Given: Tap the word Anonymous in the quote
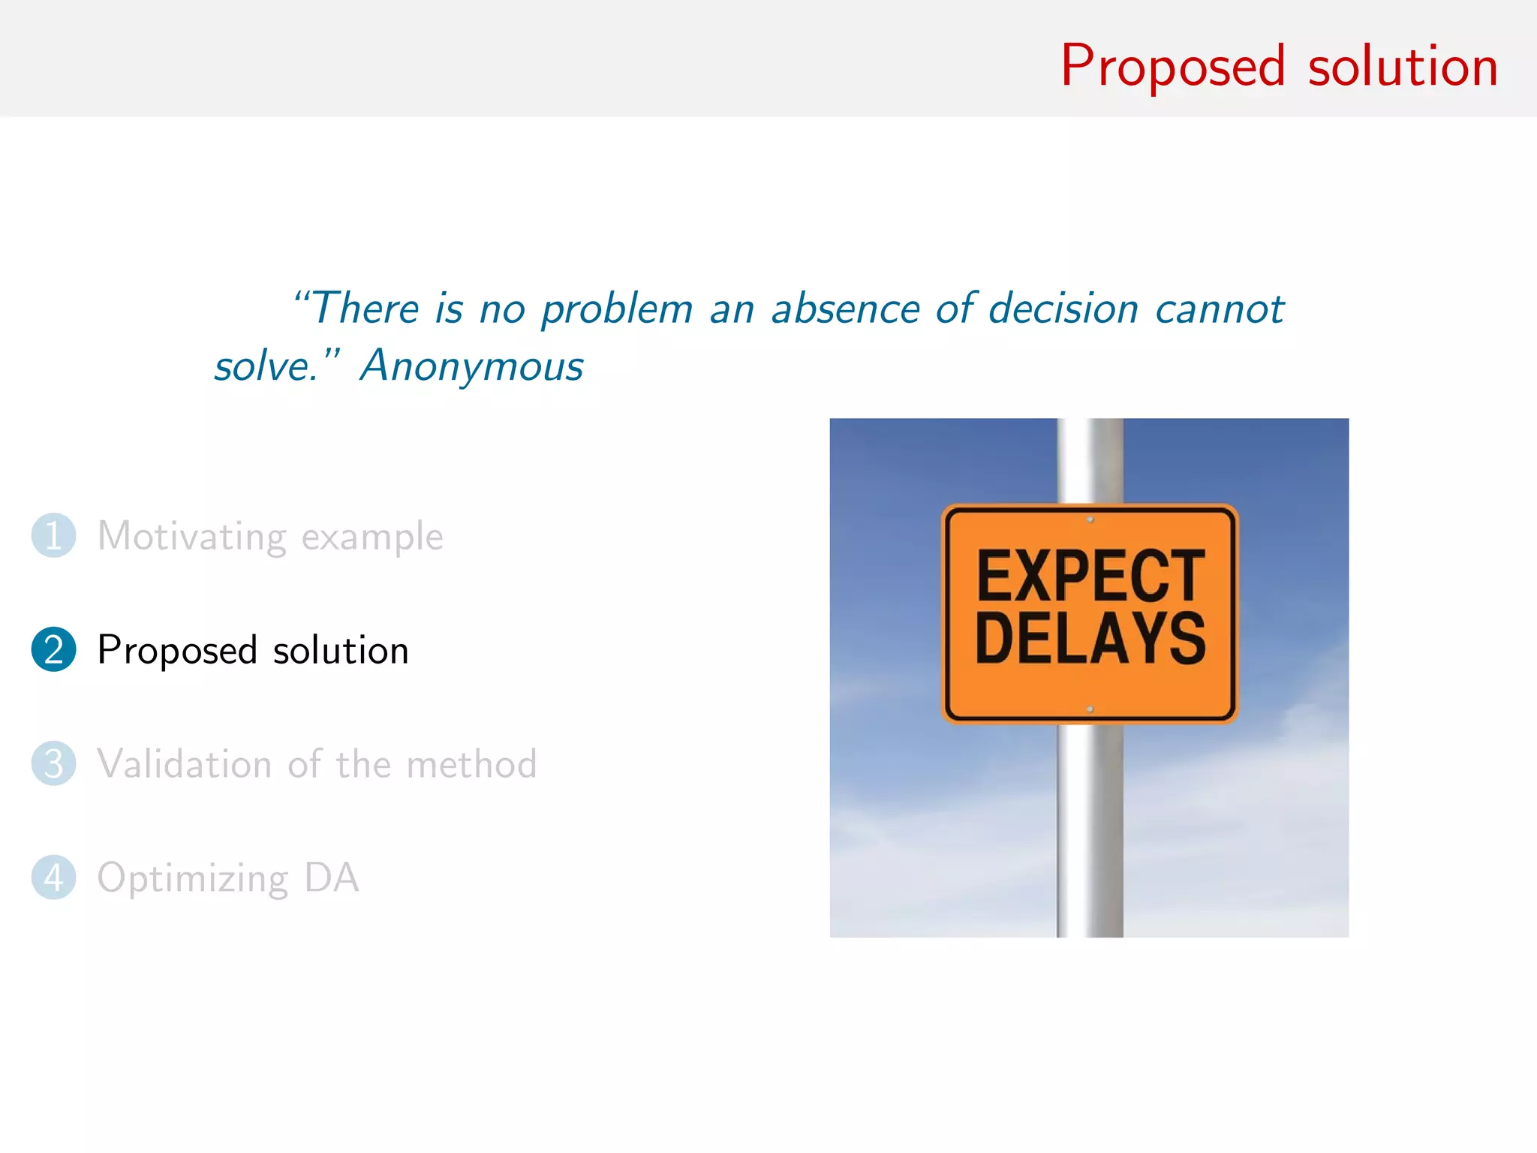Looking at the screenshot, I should point(471,367).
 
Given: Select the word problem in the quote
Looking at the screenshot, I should point(617,310).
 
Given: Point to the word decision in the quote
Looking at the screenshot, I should point(1063,309).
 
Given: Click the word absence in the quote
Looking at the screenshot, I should point(845,309).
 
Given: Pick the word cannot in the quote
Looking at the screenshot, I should point(1220,310).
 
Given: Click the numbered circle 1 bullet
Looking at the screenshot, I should point(53,536).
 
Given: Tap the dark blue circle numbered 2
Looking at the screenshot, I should point(53,649).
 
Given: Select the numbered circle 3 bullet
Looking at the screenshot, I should point(53,763).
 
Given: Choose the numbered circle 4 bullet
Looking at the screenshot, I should point(53,878).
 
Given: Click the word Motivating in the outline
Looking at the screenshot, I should point(192,537).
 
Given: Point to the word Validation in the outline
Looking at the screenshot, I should point(184,764).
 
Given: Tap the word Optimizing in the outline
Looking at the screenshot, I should point(193,879).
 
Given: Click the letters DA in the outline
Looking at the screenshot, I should point(331,878).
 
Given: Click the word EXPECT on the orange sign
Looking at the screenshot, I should point(1090,576).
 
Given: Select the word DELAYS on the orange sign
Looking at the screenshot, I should point(1090,638).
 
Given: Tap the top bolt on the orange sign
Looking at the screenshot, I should point(1090,519).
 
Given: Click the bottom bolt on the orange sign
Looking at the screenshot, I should point(1090,709).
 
